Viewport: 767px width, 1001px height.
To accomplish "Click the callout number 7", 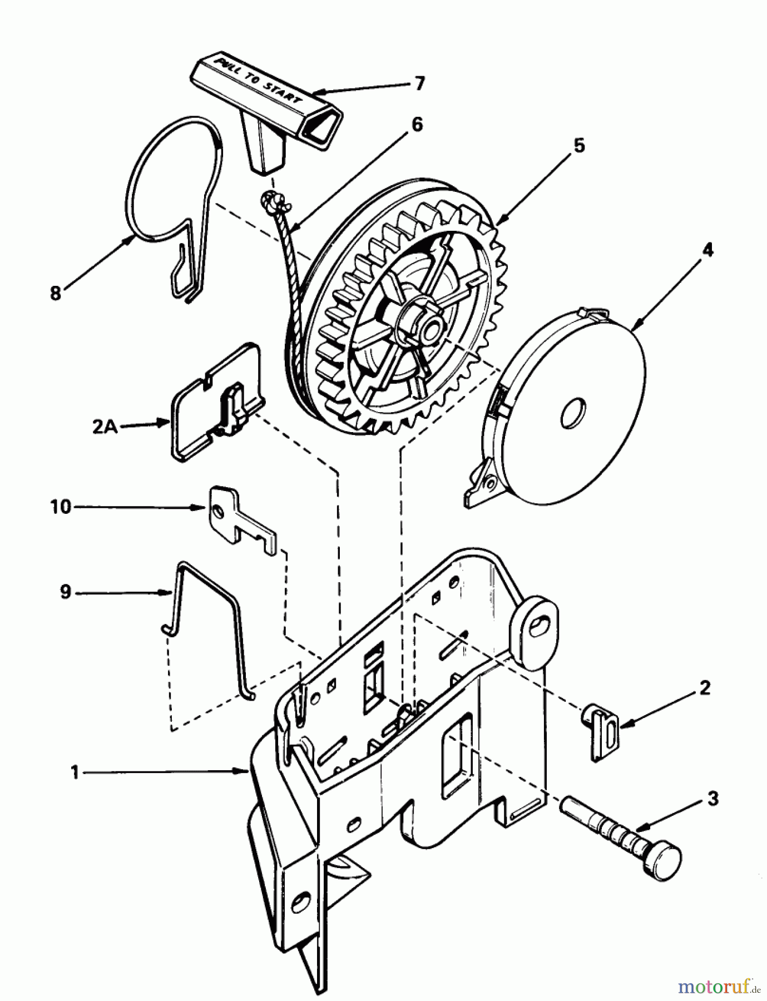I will [x=420, y=83].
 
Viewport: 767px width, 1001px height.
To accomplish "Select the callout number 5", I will [x=579, y=146].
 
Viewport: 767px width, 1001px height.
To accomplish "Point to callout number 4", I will [x=707, y=250].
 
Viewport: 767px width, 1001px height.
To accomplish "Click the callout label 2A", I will [x=103, y=428].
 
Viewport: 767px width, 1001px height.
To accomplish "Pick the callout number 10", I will [x=62, y=507].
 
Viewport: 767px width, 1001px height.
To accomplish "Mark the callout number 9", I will [x=66, y=592].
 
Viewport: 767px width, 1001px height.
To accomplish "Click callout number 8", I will [x=55, y=293].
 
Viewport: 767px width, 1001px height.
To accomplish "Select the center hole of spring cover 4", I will [x=574, y=414].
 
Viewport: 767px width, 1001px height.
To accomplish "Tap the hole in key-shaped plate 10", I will [x=221, y=510].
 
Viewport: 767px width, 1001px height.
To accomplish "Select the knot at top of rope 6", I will [x=270, y=200].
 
